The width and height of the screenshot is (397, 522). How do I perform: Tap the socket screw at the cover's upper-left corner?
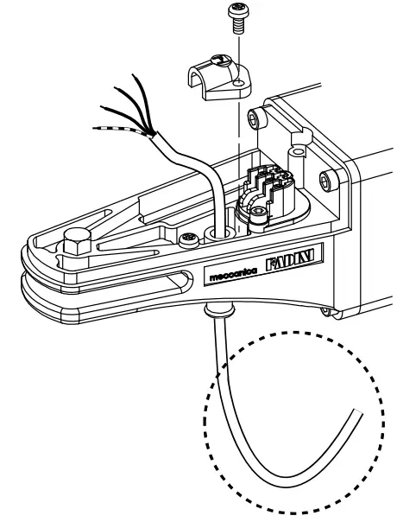(255, 117)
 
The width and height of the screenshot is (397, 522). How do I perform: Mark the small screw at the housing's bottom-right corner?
(325, 311)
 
